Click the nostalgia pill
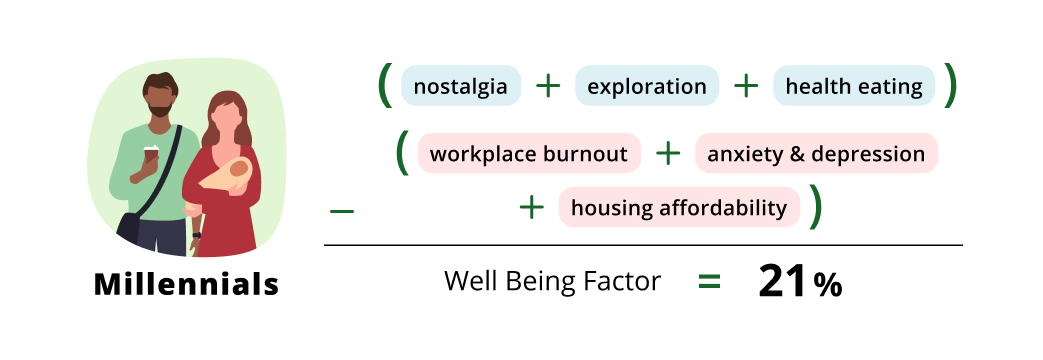tap(461, 86)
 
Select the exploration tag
tap(646, 86)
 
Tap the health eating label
tap(853, 86)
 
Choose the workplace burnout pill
tap(529, 154)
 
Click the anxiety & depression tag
tap(816, 154)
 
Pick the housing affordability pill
tap(679, 208)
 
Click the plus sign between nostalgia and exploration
tap(548, 86)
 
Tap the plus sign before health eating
tap(746, 86)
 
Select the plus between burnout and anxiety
tap(668, 154)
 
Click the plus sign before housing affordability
tap(531, 208)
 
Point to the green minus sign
tap(342, 211)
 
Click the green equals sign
tap(709, 282)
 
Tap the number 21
tap(781, 283)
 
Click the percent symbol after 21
tap(827, 286)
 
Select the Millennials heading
tap(187, 285)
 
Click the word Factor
tap(620, 282)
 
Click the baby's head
tap(238, 169)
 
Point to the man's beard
tap(160, 103)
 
